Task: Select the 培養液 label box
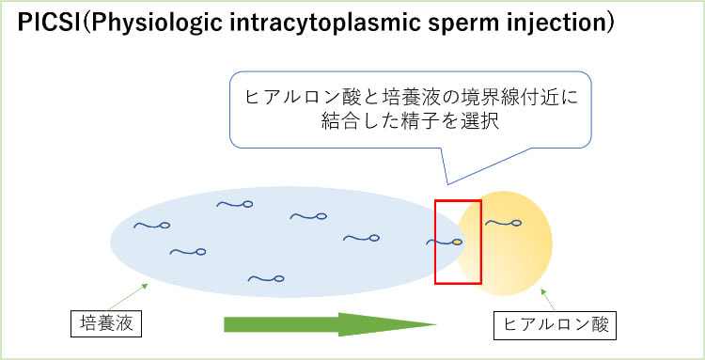107,324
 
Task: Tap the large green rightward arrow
329,324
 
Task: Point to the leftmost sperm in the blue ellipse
151,225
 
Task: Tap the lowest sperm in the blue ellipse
265,277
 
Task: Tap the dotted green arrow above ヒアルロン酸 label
550,299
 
